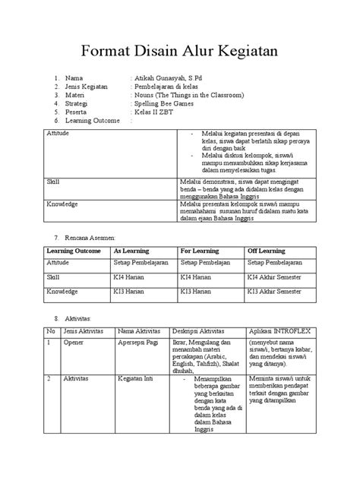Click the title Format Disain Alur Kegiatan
click(x=180, y=50)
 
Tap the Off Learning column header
click(x=266, y=250)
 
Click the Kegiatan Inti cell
click(x=137, y=377)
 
